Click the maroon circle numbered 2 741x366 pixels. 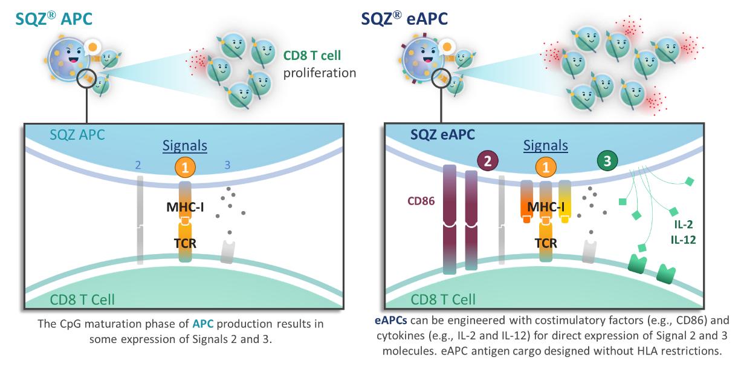tap(488, 161)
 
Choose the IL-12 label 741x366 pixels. tap(683, 240)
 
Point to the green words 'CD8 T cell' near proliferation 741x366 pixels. tap(313, 56)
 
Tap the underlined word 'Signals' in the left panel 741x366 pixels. tap(184, 146)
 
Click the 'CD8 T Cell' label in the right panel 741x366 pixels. tap(443, 299)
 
